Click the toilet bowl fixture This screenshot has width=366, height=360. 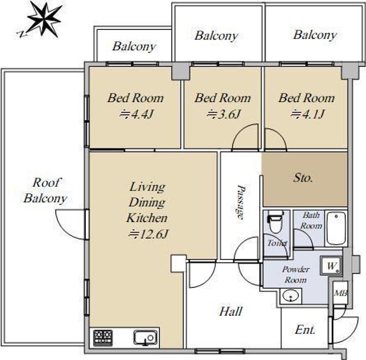[x=276, y=222]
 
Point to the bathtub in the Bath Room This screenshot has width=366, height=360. [x=336, y=228]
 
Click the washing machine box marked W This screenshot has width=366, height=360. [x=331, y=266]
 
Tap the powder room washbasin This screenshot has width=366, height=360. [x=291, y=296]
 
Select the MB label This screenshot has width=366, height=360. [x=340, y=293]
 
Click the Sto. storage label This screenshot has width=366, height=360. [x=303, y=178]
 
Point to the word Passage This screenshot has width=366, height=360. [x=240, y=202]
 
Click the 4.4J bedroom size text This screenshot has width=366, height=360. [x=136, y=114]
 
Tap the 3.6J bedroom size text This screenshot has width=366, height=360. [x=223, y=114]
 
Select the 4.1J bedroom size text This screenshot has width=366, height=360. [x=308, y=114]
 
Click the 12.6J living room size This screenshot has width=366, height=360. [x=148, y=234]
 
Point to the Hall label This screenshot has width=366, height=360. [x=231, y=311]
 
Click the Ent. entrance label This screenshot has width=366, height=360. [x=305, y=330]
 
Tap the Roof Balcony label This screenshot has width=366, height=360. [x=45, y=190]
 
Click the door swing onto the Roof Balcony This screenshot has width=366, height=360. [x=71, y=224]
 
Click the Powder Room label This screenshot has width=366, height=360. [x=295, y=274]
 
